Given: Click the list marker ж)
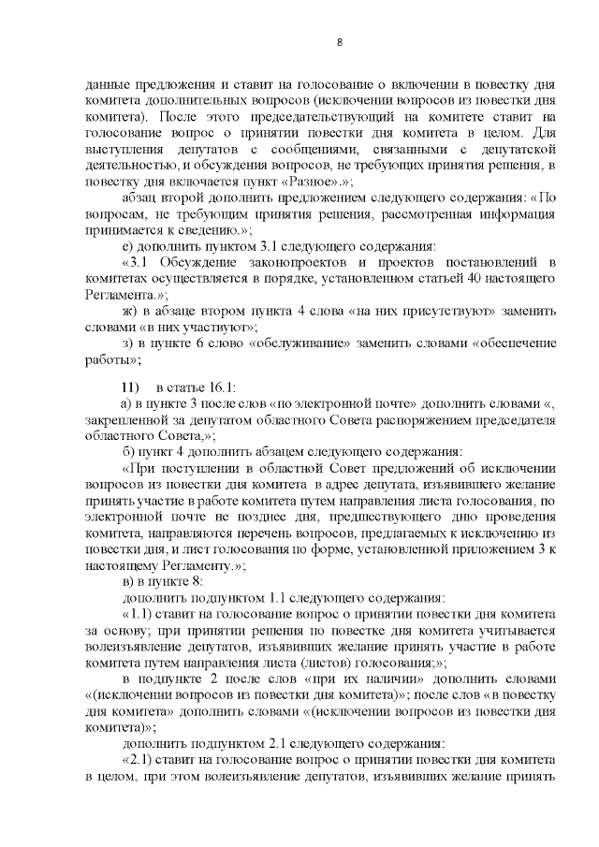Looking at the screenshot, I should coord(129,310).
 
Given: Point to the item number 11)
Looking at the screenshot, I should coord(129,387).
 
